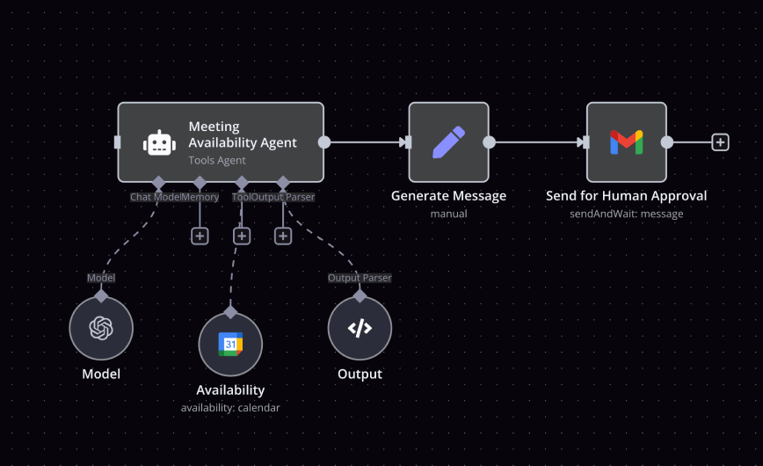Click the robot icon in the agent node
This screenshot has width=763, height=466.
point(159,142)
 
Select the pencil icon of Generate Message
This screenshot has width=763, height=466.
point(448,142)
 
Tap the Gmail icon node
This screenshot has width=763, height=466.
point(626,142)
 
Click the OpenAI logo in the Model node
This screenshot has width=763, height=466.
point(101,328)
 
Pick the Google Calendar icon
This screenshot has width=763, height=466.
point(230,344)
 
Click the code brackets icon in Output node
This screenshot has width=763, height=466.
point(360,328)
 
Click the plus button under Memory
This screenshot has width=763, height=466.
point(200,236)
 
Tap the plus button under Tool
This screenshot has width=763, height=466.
point(242,236)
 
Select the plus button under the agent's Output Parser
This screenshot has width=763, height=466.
point(283,236)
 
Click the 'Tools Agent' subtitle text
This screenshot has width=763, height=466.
point(216,161)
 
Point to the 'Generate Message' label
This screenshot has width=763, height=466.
point(448,196)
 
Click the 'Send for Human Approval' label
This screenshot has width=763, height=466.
point(626,196)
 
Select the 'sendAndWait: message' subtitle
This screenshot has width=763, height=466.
point(626,214)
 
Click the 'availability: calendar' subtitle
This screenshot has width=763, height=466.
point(230,407)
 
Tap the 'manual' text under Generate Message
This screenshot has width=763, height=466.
point(448,214)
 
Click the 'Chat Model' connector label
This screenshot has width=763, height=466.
point(155,197)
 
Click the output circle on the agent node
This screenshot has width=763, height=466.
point(324,142)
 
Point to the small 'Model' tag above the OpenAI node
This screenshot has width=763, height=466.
point(101,278)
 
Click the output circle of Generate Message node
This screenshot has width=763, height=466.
point(489,142)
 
